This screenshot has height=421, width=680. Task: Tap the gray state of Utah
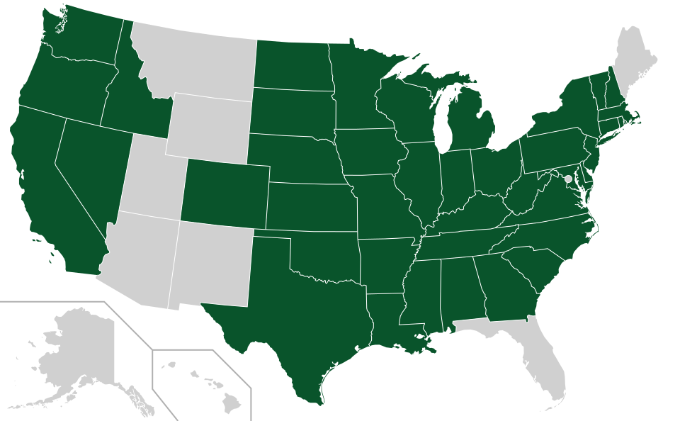(152, 177)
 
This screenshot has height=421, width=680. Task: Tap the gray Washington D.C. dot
(568, 179)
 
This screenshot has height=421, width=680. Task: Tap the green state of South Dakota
(292, 111)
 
